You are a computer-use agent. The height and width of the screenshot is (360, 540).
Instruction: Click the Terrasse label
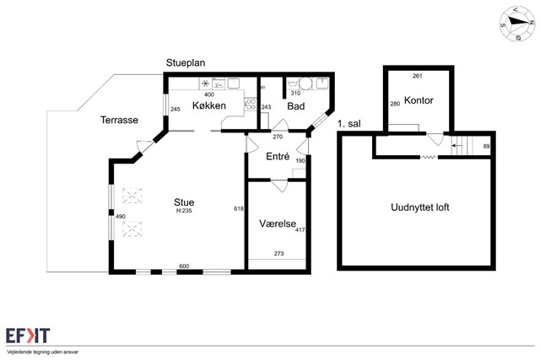[x=119, y=120]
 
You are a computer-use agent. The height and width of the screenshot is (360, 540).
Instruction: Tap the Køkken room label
[x=209, y=105]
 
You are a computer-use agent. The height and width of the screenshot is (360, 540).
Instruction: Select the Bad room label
[x=296, y=106]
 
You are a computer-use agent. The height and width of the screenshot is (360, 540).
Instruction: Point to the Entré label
[x=278, y=157]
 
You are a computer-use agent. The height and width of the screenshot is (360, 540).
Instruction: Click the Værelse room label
[x=278, y=223]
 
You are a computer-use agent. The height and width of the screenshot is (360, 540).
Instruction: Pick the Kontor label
[x=418, y=100]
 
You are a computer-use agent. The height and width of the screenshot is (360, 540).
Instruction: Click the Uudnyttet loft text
[x=420, y=207]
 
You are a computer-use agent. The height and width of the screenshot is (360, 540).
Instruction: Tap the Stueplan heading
[x=186, y=63]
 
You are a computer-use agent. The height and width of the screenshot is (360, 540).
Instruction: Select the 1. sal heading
[x=349, y=124]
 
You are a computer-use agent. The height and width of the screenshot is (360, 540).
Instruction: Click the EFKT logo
[x=28, y=336]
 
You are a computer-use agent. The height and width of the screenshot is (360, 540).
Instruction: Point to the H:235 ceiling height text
[x=184, y=211]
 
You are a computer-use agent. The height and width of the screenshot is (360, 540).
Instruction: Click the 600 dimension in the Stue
[x=184, y=266]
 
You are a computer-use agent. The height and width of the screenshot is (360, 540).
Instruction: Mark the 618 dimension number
[x=239, y=208]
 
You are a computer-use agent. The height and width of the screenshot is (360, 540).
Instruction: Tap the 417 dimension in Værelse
[x=300, y=229]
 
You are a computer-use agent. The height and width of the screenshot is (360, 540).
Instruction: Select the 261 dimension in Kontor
[x=418, y=76]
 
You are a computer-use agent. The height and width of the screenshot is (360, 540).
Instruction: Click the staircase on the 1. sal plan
[x=465, y=146]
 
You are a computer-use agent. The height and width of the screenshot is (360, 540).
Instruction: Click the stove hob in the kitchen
[x=251, y=105]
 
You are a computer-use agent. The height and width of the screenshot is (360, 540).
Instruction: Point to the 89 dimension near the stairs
[x=486, y=146]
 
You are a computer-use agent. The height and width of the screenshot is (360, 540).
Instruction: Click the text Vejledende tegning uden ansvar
[x=42, y=352]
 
